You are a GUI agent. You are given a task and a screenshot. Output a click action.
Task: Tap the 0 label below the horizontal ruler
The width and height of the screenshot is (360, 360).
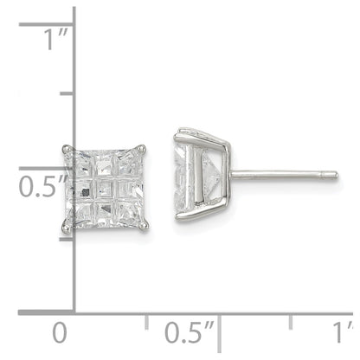(58, 333)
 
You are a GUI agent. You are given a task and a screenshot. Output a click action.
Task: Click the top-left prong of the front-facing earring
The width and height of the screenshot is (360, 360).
(65, 148)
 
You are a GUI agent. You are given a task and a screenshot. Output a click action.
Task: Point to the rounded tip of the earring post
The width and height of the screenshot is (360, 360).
(335, 176)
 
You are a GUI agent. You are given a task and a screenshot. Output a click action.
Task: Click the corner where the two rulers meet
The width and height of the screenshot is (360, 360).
(73, 311)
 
